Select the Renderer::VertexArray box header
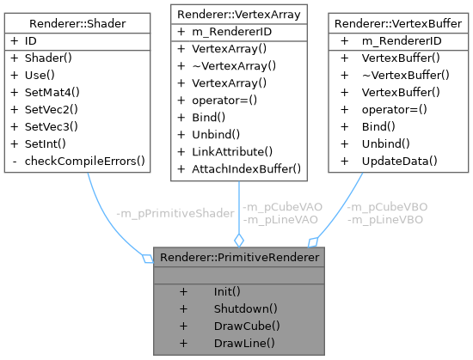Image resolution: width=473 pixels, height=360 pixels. point(237,14)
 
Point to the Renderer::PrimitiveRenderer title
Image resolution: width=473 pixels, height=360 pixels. point(238,256)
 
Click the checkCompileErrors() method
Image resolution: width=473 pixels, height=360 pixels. point(84,161)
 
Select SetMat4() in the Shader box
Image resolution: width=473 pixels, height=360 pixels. point(52,92)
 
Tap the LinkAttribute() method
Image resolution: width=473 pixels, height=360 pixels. point(225,151)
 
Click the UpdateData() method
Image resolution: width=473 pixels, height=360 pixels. point(402,162)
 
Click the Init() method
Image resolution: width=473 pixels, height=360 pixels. point(227,291)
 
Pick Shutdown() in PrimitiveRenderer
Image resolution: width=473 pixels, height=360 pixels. point(245,308)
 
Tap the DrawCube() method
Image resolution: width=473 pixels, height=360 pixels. point(247,326)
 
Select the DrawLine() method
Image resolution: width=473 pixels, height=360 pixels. point(244,343)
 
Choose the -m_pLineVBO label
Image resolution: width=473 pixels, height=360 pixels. point(384,219)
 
